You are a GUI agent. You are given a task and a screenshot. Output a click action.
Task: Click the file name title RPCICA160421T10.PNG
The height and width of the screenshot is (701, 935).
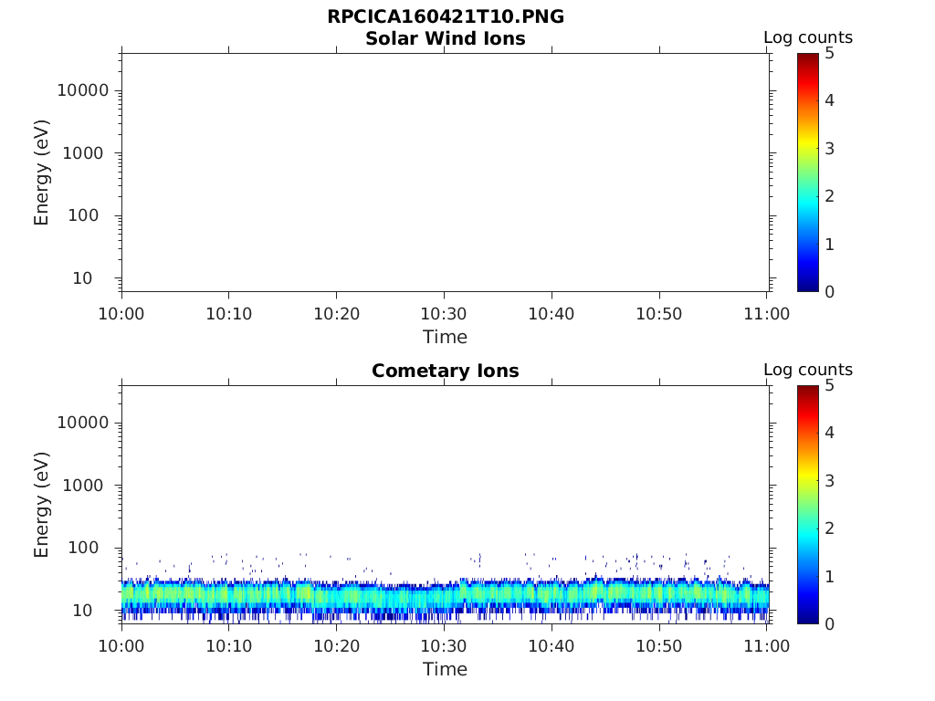(x=445, y=17)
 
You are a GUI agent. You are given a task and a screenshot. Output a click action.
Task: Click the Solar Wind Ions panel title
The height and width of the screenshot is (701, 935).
(x=445, y=39)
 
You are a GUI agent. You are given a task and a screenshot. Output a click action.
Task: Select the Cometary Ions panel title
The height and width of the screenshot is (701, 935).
(x=445, y=371)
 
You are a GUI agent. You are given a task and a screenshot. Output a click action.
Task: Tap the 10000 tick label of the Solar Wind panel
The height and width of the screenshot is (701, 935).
(x=83, y=90)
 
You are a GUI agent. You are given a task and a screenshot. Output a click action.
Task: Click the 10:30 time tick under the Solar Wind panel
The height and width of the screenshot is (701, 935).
(x=445, y=314)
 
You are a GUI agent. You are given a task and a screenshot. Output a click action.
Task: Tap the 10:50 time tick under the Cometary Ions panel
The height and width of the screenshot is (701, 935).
(x=659, y=646)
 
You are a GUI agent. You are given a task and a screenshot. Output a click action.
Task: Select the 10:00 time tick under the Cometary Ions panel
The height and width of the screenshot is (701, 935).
(x=121, y=646)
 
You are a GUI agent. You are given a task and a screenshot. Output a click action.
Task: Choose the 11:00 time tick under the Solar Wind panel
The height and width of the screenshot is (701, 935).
(x=767, y=314)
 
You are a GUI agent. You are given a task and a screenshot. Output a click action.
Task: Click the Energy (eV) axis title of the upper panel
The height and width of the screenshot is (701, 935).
(x=42, y=173)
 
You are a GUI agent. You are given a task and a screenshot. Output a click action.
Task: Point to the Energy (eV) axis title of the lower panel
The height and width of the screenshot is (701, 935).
(x=42, y=505)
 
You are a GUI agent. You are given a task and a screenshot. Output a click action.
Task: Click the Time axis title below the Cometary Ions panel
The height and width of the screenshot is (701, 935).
(x=445, y=669)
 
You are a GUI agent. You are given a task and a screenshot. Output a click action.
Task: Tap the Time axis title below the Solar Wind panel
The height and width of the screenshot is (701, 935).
(x=445, y=337)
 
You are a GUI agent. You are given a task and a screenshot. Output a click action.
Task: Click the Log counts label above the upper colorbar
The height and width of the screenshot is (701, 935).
(x=807, y=38)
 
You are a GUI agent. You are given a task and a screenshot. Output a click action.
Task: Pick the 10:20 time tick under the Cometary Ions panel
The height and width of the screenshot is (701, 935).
(x=337, y=646)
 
